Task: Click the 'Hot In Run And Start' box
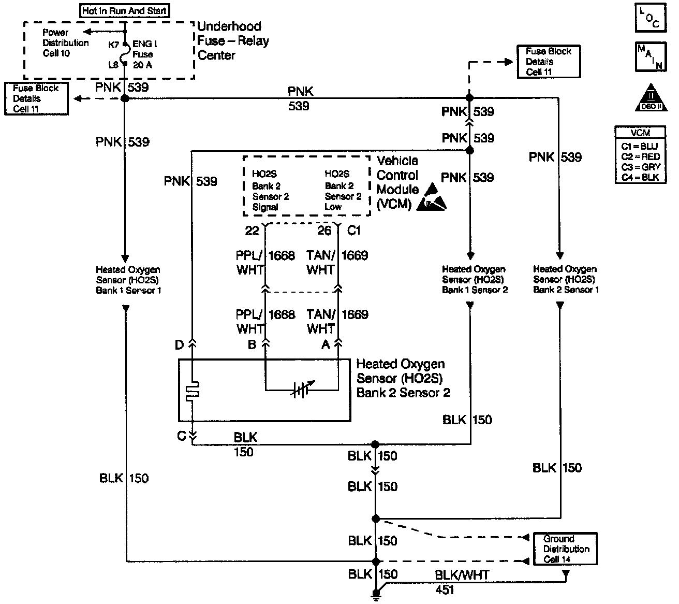pyautogui.click(x=125, y=10)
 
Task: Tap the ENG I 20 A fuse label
pyautogui.click(x=142, y=54)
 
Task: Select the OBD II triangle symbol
pyautogui.click(x=652, y=98)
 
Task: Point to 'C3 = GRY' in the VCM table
pyautogui.click(x=641, y=167)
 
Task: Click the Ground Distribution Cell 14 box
pyautogui.click(x=565, y=549)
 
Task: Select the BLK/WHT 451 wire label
pyautogui.click(x=461, y=581)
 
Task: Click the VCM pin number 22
pyautogui.click(x=252, y=231)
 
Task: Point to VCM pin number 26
pyautogui.click(x=324, y=231)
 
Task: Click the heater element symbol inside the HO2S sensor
pyautogui.click(x=193, y=391)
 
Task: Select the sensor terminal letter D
pyautogui.click(x=180, y=344)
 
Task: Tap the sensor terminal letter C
pyautogui.click(x=181, y=436)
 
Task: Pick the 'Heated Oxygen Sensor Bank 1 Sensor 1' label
pyautogui.click(x=128, y=280)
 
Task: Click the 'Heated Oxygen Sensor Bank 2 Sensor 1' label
pyautogui.click(x=565, y=280)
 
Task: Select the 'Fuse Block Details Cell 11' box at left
pyautogui.click(x=36, y=98)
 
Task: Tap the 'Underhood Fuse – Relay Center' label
pyautogui.click(x=233, y=41)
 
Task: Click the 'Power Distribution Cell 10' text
pyautogui.click(x=65, y=43)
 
